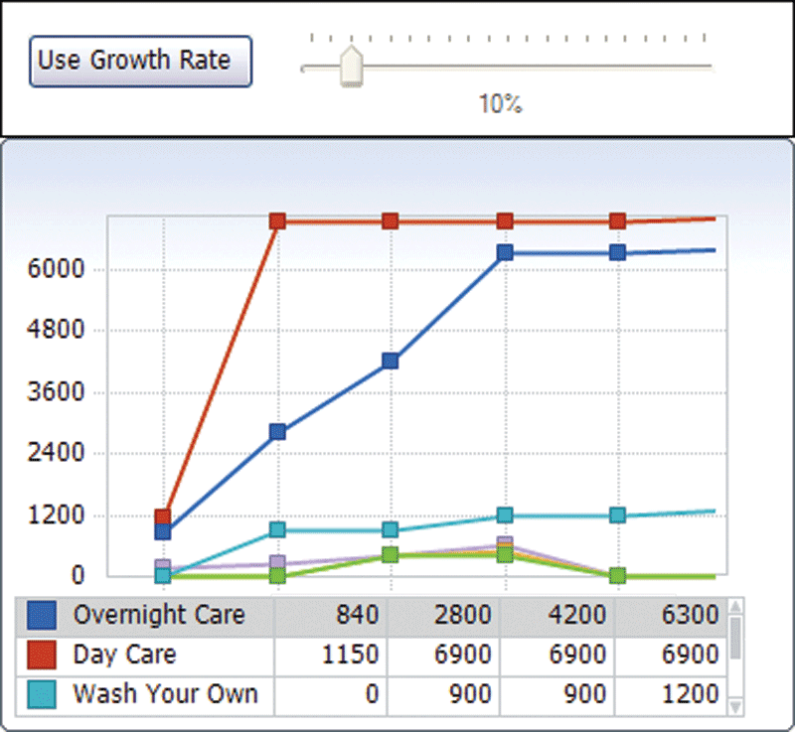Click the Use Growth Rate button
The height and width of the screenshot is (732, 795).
point(140,61)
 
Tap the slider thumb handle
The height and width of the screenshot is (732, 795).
point(351,67)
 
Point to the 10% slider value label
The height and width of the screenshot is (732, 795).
point(500,104)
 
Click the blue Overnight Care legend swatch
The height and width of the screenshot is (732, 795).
point(42,615)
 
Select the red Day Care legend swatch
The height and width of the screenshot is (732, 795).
point(42,655)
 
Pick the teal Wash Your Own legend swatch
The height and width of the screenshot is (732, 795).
point(42,694)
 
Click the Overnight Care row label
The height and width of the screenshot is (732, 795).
point(158,615)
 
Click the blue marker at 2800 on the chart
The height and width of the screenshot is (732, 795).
point(277,431)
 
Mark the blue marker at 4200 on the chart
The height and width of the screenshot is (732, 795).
point(391,361)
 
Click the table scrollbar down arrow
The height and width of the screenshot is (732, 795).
point(735,706)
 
